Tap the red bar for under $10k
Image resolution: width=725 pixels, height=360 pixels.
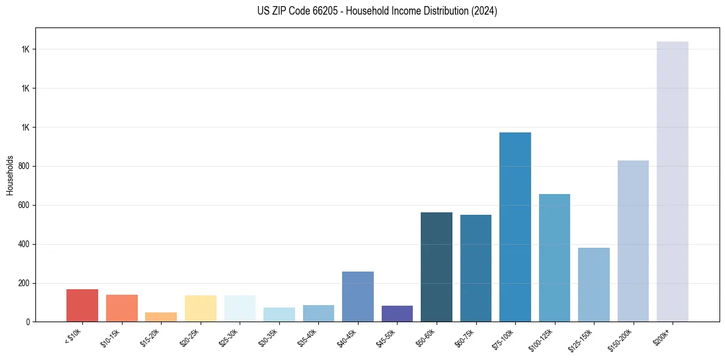pos(82,305)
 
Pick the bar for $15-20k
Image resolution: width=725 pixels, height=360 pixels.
pos(161,317)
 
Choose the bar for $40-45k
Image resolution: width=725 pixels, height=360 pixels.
pos(358,297)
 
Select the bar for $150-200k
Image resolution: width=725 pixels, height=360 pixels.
pos(633,241)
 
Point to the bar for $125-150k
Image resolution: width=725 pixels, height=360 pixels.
pos(593,284)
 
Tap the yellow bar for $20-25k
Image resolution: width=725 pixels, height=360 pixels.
pos(201,308)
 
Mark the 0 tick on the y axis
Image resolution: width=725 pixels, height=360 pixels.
pos(28,322)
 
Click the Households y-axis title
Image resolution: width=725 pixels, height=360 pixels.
pos(10,175)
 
